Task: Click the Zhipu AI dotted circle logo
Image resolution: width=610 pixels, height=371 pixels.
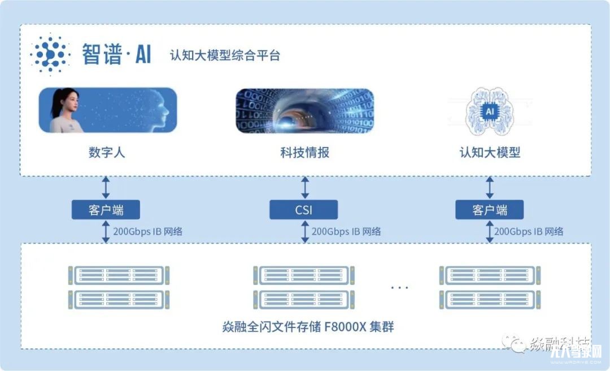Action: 50,55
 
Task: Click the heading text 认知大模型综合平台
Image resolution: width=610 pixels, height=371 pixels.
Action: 225,56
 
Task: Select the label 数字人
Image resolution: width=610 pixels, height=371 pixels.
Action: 107,153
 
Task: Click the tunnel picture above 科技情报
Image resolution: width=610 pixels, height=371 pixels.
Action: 304,111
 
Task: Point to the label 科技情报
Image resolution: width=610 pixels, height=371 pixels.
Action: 304,153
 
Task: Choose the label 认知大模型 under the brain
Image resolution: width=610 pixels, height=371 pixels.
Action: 490,153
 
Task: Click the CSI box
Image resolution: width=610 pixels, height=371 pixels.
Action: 304,210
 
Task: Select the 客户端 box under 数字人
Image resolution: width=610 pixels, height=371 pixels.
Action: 106,210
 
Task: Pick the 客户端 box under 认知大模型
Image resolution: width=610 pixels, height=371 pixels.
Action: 490,210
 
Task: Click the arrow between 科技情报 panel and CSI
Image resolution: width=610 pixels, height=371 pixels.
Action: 305,187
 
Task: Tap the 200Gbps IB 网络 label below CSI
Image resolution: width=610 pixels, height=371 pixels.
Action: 346,231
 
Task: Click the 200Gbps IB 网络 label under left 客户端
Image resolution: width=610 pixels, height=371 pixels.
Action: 148,231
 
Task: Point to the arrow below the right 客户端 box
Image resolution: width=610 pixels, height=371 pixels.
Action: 490,232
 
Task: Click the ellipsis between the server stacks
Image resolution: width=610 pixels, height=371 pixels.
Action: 399,288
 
